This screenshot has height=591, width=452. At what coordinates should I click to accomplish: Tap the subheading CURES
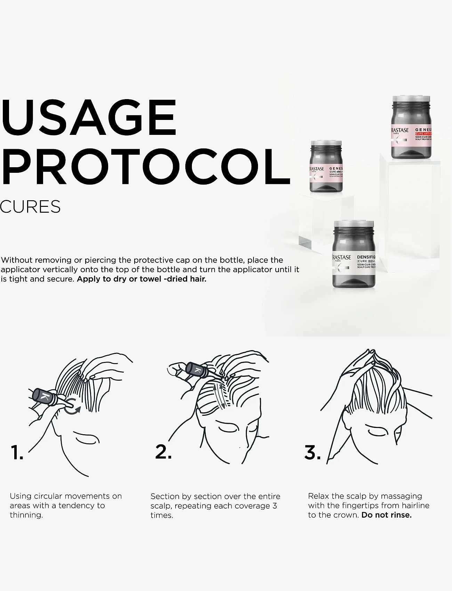point(30,207)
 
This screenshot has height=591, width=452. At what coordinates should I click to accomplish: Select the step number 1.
point(17,452)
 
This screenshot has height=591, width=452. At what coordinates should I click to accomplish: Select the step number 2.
point(163,452)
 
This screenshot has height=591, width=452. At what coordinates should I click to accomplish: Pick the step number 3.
point(313,452)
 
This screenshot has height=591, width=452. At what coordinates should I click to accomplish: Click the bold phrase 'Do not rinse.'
point(386,515)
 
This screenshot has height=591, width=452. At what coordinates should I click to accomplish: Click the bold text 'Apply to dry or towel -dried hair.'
point(142,279)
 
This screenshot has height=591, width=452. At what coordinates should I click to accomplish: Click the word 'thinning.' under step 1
point(26,515)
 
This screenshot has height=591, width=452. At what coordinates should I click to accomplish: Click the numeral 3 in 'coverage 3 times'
point(275,505)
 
